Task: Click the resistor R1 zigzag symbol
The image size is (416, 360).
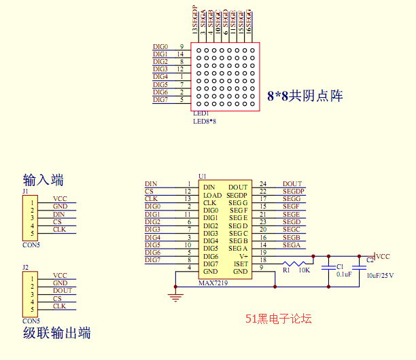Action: (296, 264)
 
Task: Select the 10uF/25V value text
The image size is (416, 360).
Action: (381, 275)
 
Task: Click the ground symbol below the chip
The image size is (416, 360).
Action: (176, 293)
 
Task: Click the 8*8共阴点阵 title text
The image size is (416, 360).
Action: (305, 96)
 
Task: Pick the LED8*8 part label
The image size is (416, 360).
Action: (205, 121)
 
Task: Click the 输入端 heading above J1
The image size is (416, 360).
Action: (44, 180)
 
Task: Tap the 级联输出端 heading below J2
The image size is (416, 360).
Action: (56, 333)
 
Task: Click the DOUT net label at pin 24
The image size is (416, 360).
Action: (292, 184)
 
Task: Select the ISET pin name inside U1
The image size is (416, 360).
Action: (241, 264)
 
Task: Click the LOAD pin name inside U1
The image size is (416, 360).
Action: (212, 196)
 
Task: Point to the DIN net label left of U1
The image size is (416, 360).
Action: (151, 184)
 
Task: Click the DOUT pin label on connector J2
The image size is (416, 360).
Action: (62, 291)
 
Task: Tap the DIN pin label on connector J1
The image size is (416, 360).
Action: (59, 214)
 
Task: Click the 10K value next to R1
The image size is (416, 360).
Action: (304, 270)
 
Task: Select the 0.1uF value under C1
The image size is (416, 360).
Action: (344, 274)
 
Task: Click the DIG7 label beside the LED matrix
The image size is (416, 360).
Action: (160, 100)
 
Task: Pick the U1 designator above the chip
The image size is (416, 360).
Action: (202, 176)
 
